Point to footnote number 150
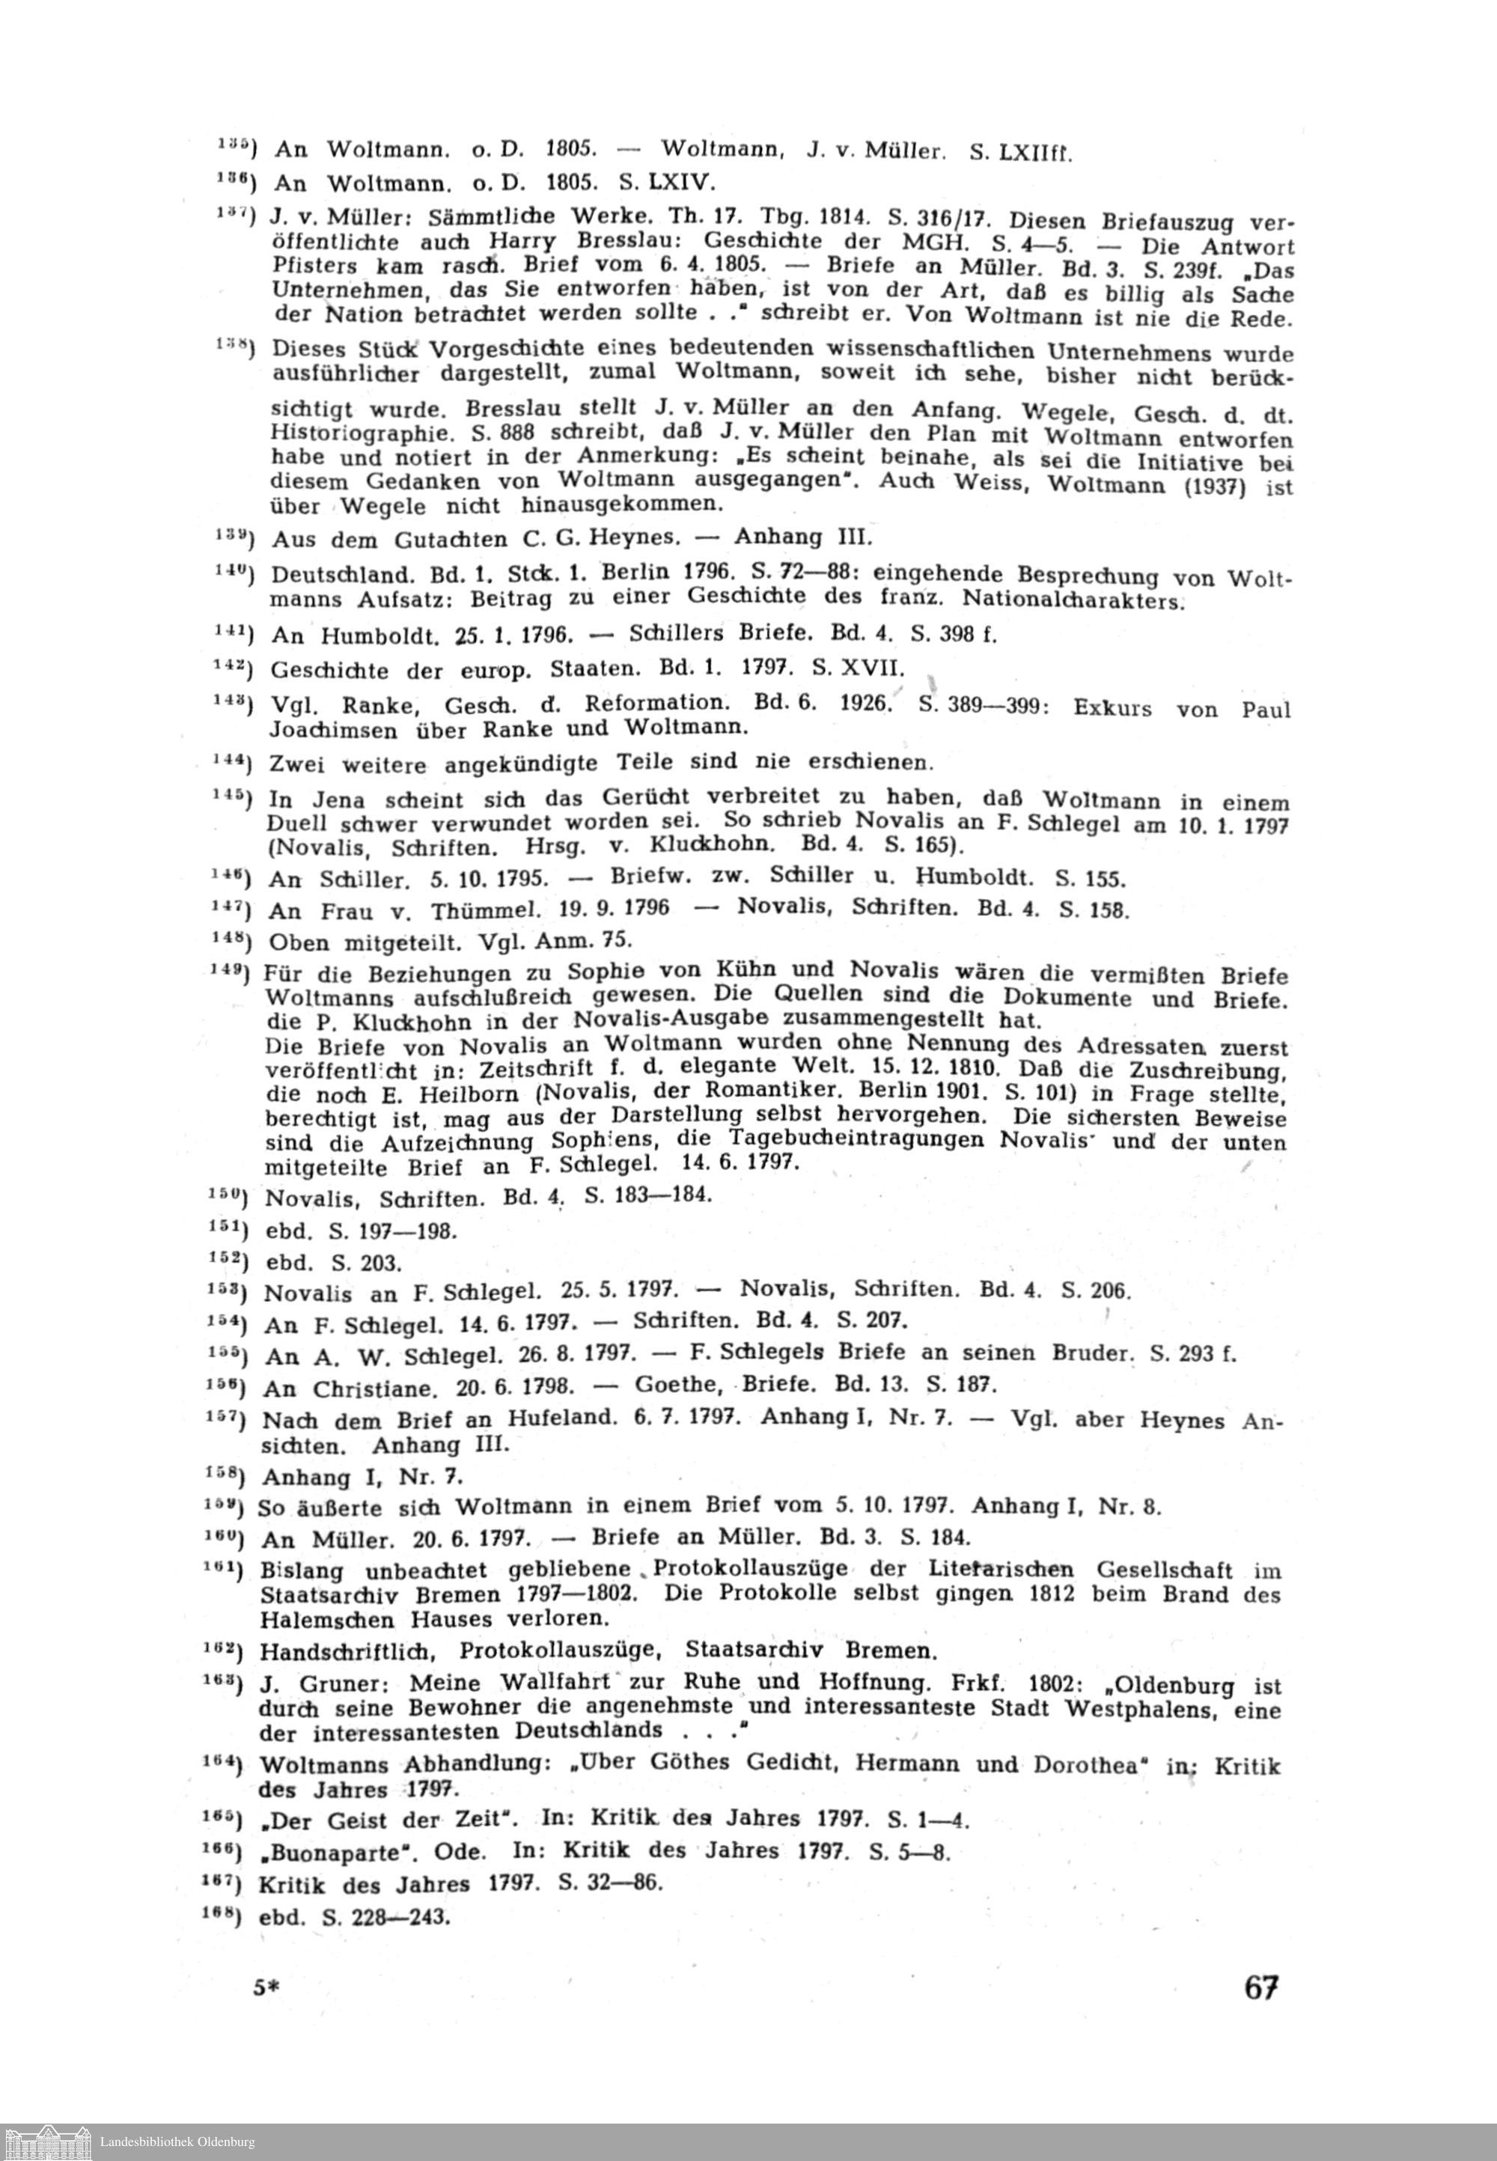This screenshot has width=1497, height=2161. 226,1196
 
